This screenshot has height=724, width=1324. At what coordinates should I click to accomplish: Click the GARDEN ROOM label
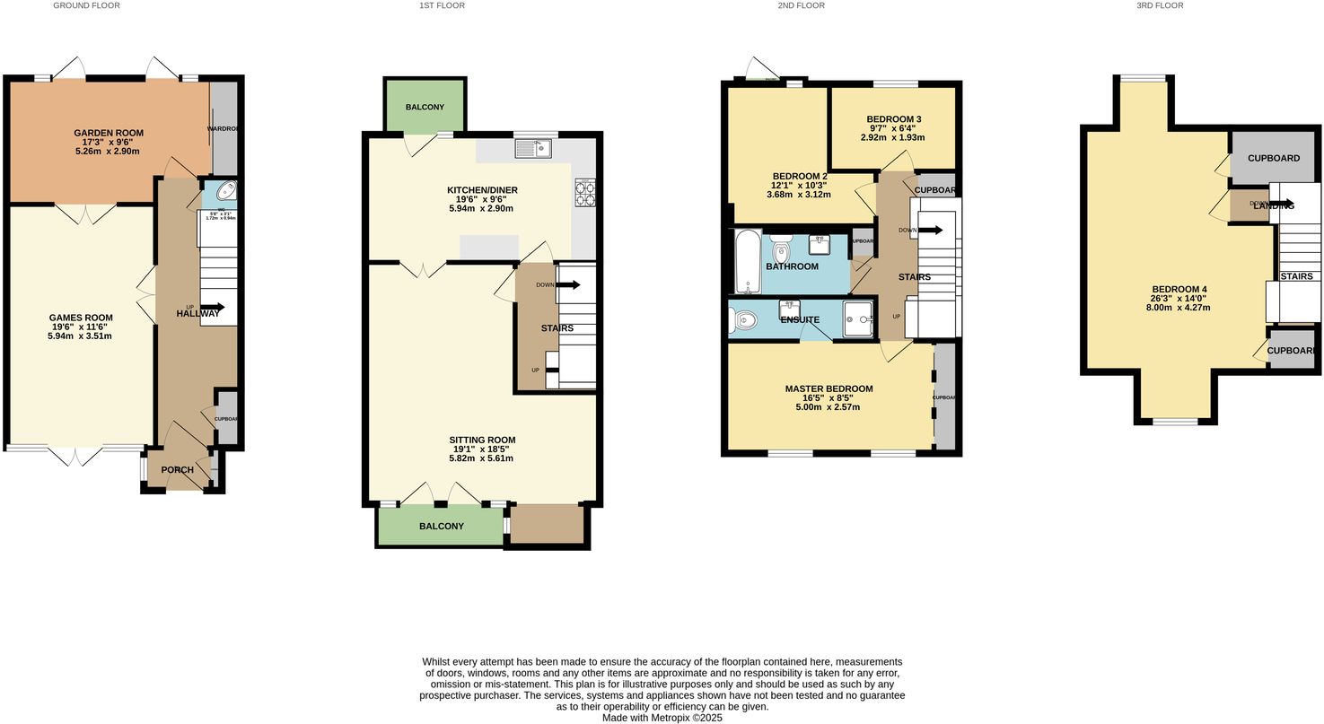coord(108,133)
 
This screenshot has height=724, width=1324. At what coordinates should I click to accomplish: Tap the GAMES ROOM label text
coord(80,317)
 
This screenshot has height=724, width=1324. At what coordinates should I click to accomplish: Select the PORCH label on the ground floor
coord(177,470)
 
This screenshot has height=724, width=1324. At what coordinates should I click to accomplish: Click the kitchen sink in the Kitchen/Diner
coord(533,149)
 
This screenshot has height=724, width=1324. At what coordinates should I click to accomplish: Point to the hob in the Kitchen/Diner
coord(584,194)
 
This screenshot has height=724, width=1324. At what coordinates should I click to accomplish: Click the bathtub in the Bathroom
coord(747,261)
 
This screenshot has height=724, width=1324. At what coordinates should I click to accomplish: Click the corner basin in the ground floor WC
coord(225,192)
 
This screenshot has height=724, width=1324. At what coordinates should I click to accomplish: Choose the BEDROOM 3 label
coord(893,119)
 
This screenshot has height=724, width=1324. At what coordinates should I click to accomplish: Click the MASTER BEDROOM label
coord(829,388)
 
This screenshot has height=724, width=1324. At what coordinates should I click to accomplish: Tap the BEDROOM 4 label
coord(1179,289)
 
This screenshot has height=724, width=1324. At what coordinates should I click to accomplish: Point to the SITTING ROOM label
coord(482,440)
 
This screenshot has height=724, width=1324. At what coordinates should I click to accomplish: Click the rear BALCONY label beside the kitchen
coord(425,108)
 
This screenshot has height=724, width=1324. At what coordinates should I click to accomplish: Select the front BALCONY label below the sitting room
coord(440,526)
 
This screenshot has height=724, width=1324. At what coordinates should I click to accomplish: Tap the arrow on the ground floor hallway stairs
coord(215,307)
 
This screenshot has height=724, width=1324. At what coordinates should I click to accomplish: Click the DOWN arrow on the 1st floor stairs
coord(569,285)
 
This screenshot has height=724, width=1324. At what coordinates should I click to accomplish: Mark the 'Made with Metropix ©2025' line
coord(662,718)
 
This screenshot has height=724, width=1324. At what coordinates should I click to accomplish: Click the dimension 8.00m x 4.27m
coord(1179,307)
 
